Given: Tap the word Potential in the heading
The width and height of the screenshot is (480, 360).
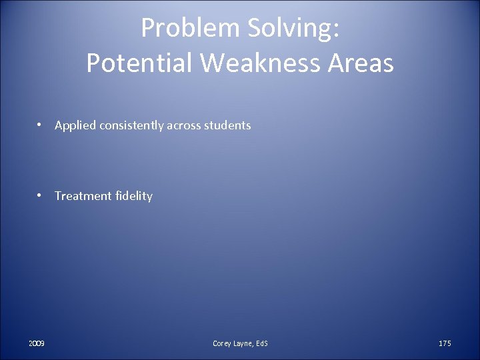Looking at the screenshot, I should (x=139, y=63).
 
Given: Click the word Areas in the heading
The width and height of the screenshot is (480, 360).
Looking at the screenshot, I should (x=361, y=63).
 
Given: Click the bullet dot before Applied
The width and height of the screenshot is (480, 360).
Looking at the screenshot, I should (x=41, y=125).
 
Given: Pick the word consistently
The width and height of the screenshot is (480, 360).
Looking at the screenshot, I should (x=130, y=125).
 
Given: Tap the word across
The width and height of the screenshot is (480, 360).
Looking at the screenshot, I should (x=183, y=125).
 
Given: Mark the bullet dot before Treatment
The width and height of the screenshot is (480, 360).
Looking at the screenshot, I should (x=41, y=195).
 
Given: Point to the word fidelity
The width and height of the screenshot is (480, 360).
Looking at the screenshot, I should (x=134, y=196).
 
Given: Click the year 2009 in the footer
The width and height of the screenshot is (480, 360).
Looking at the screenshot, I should (x=37, y=343).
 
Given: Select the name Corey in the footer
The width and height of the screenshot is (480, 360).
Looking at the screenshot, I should (x=222, y=343).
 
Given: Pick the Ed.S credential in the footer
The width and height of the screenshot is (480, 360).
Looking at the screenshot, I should (x=262, y=343).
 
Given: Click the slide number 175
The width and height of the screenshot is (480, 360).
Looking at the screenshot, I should (x=445, y=343).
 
